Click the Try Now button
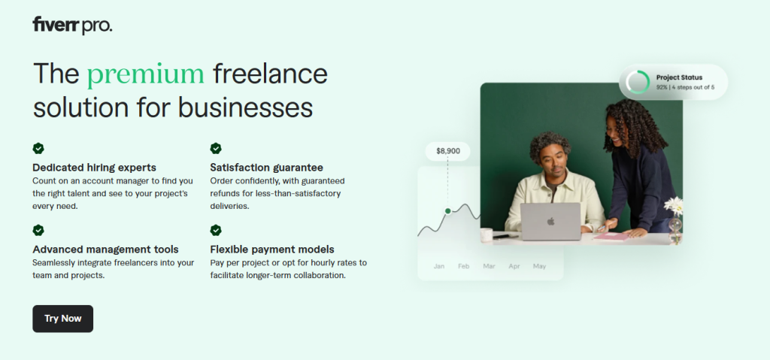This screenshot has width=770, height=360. point(63,319)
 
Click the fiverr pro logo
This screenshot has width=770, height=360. point(72,25)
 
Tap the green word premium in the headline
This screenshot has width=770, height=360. point(146,74)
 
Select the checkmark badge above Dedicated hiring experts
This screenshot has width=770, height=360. point(38,148)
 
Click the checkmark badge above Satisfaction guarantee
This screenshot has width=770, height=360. point(216,148)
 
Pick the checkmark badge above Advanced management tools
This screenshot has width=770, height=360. point(38,230)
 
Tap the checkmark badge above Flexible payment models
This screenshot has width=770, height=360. point(216,230)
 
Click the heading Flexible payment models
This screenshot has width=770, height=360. point(272,249)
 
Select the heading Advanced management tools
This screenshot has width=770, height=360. point(105,250)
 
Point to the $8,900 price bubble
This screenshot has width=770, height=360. point(448,151)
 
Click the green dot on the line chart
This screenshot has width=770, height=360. point(448,210)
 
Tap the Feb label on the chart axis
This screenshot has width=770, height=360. point(463,266)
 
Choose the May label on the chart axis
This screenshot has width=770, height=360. point(539,266)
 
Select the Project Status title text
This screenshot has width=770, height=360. point(679,77)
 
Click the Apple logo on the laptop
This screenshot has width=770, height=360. point(550,222)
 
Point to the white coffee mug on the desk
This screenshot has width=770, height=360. point(487,234)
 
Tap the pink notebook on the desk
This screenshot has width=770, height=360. point(611,237)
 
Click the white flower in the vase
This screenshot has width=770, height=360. point(674,206)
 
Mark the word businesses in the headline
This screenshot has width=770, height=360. point(246,107)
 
